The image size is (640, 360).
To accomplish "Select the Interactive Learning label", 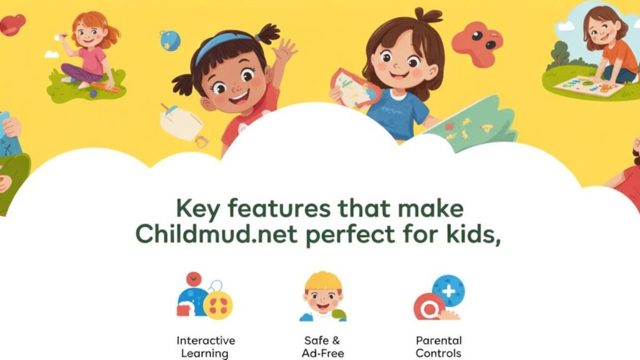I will click(x=206, y=347).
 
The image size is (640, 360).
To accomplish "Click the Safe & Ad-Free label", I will click(x=322, y=347).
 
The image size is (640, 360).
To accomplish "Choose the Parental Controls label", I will click(x=439, y=347).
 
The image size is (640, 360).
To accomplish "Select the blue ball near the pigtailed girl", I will click(x=169, y=40).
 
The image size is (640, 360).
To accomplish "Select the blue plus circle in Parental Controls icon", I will click(x=449, y=290).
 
